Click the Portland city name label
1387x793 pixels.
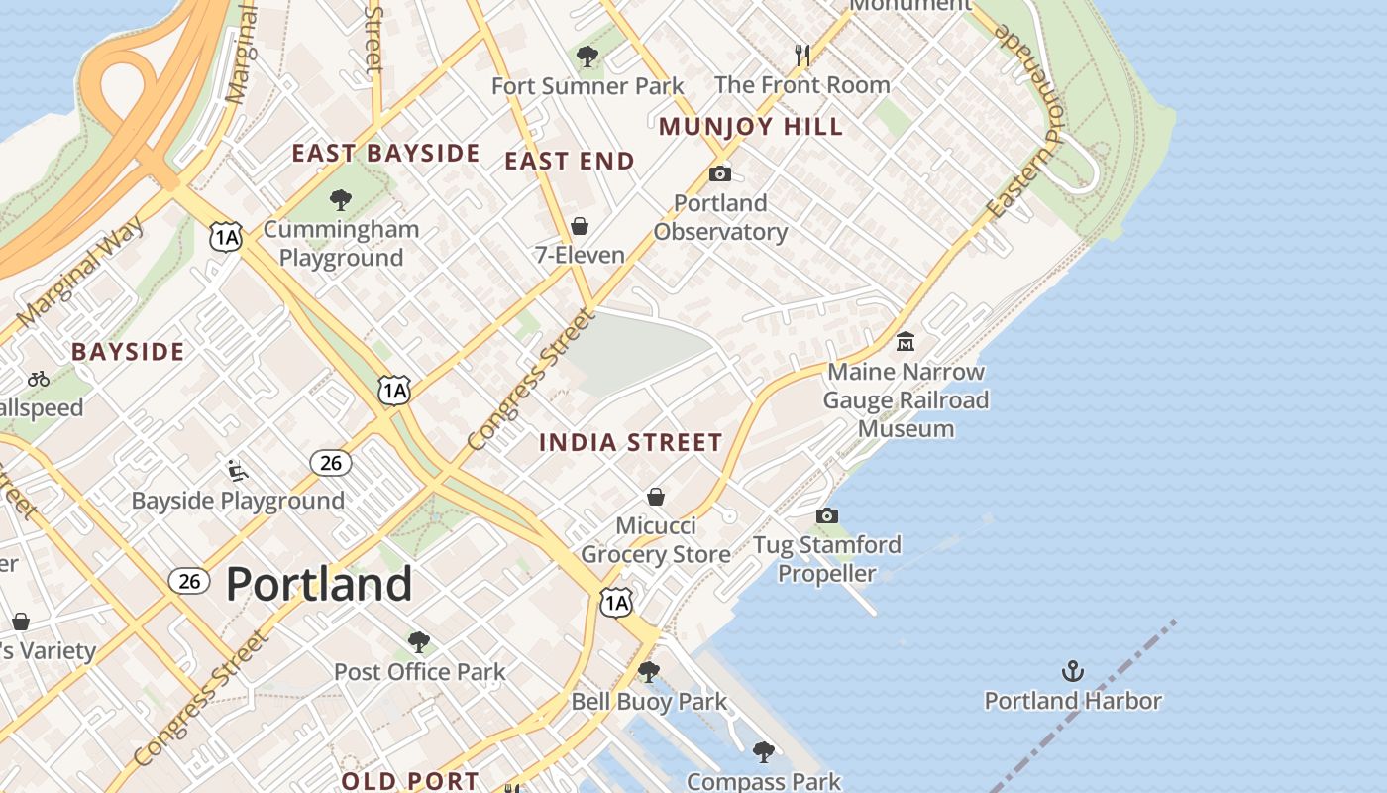pyautogui.click(x=319, y=584)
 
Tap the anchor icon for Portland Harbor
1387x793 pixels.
pyautogui.click(x=1072, y=672)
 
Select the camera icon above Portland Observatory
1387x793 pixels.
pyautogui.click(x=720, y=174)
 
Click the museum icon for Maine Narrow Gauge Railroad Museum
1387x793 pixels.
pyautogui.click(x=905, y=342)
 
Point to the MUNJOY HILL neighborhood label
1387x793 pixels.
pyautogui.click(x=751, y=127)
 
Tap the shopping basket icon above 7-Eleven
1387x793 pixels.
pyautogui.click(x=580, y=226)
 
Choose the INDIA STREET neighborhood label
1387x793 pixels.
pyautogui.click(x=630, y=443)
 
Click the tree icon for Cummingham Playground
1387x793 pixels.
pyautogui.click(x=341, y=200)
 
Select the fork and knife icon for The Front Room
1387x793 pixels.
pyautogui.click(x=802, y=56)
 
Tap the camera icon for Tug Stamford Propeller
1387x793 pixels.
pyautogui.click(x=826, y=515)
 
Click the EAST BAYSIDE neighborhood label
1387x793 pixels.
pyautogui.click(x=385, y=154)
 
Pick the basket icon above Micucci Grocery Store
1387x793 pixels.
pyautogui.click(x=655, y=497)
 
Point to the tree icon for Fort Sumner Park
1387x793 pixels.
pyautogui.click(x=587, y=57)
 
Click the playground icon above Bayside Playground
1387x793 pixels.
pyautogui.click(x=237, y=470)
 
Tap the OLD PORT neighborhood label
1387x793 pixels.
pyautogui.click(x=410, y=781)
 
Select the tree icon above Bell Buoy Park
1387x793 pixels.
pyautogui.click(x=649, y=672)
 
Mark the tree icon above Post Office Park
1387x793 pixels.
pyautogui.click(x=419, y=642)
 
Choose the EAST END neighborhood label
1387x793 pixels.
pyautogui.click(x=570, y=161)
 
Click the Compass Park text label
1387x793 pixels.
pyautogui.click(x=763, y=782)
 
